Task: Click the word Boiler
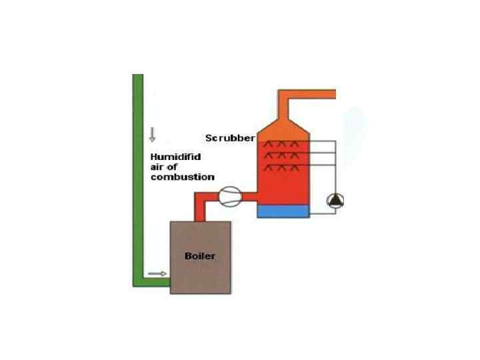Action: click(199, 255)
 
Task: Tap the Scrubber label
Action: click(230, 139)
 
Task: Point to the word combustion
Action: click(181, 177)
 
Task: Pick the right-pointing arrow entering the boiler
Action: click(157, 273)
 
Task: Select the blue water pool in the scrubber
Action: click(283, 211)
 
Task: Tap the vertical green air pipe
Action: click(138, 167)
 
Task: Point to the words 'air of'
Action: click(162, 167)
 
